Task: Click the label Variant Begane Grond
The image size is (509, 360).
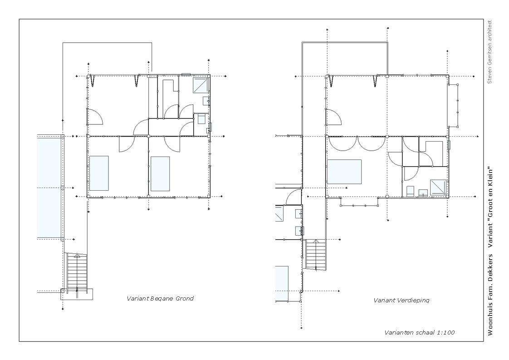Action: coord(160,299)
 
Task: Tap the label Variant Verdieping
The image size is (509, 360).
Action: coord(401,301)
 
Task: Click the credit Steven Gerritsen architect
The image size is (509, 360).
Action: coord(490,52)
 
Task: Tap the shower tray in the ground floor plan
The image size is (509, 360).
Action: coord(201,85)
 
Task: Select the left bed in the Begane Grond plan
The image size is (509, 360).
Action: coord(99,173)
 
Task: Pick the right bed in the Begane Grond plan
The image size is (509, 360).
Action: coord(160,174)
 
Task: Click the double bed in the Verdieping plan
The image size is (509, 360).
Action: coord(344,172)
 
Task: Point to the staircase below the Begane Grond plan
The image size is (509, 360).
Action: coord(77,273)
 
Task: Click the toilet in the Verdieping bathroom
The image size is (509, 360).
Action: coord(410,191)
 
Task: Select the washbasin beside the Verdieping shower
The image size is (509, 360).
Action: coord(423,193)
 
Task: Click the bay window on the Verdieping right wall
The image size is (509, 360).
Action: coord(453,105)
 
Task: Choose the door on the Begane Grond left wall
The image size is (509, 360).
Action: coord(95,117)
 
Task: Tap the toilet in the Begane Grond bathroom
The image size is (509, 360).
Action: coord(201,118)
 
